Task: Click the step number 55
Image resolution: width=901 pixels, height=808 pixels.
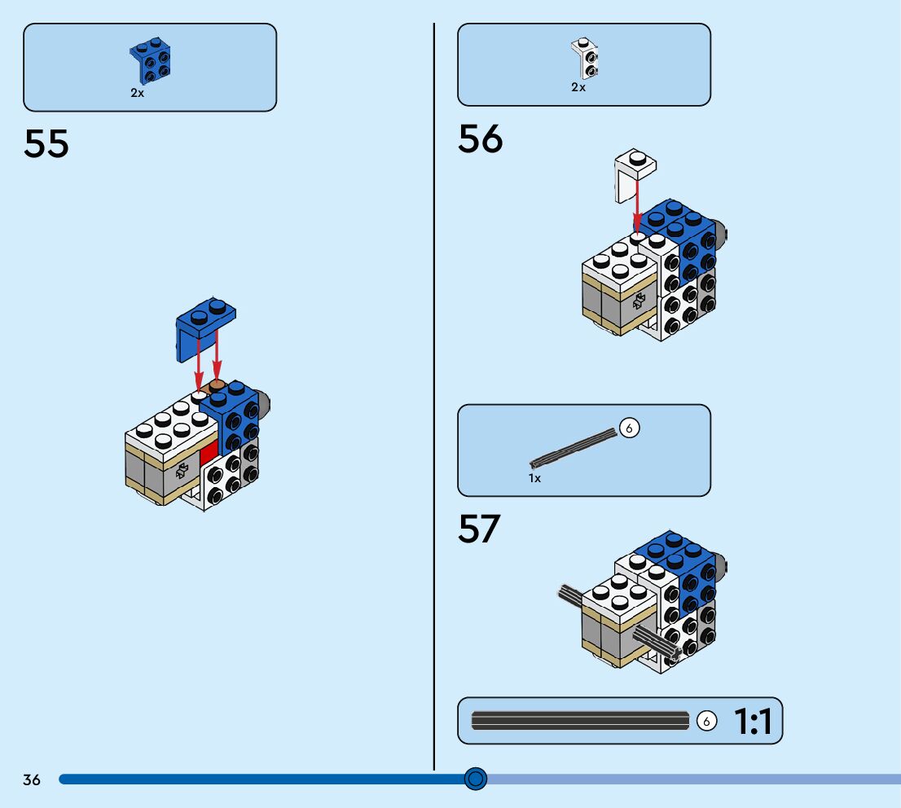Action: pos(46,144)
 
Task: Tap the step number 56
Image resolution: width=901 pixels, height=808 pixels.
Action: pos(481,139)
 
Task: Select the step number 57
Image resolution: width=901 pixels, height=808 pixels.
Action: pos(479,529)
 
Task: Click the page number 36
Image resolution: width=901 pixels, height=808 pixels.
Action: pos(32,780)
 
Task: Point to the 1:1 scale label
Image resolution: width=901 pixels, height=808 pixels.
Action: pos(753,722)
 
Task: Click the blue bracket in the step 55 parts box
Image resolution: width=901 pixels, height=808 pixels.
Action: pos(150,60)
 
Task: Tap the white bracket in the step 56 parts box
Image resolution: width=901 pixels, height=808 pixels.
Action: pos(585,58)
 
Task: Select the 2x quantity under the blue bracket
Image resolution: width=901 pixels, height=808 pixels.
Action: pos(137,93)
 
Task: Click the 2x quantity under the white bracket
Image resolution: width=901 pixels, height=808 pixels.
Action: pos(578,87)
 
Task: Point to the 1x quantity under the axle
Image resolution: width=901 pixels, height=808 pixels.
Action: pos(534,478)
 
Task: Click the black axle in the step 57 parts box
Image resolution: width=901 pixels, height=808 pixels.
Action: pos(574,447)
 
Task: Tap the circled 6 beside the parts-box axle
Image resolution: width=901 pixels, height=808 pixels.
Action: pos(630,427)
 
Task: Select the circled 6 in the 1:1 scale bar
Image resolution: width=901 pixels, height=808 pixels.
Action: pos(706,721)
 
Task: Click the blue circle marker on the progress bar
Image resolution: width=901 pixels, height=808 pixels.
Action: pos(476,779)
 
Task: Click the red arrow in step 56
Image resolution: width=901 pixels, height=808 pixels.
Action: pos(636,207)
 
